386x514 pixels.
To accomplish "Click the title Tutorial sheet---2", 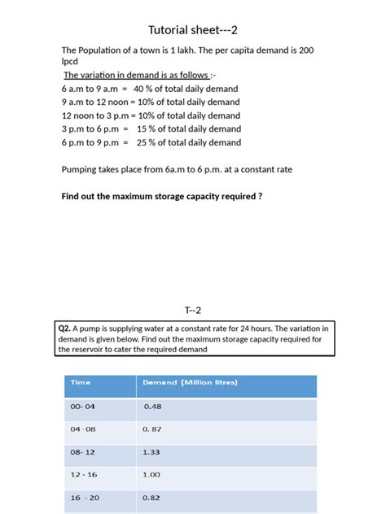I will click(x=193, y=30).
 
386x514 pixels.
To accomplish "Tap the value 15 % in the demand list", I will click(x=147, y=128).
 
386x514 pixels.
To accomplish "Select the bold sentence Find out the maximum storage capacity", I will click(x=162, y=196).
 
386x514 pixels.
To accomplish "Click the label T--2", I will click(x=193, y=309).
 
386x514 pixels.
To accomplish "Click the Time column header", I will click(x=81, y=382).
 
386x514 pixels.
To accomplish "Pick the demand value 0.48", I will click(x=152, y=407).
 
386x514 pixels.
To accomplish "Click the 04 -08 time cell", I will click(x=83, y=429).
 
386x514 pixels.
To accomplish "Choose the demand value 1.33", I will click(x=151, y=451).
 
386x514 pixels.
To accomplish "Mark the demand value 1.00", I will click(x=151, y=474).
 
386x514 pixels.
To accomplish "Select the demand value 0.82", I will click(x=151, y=497).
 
